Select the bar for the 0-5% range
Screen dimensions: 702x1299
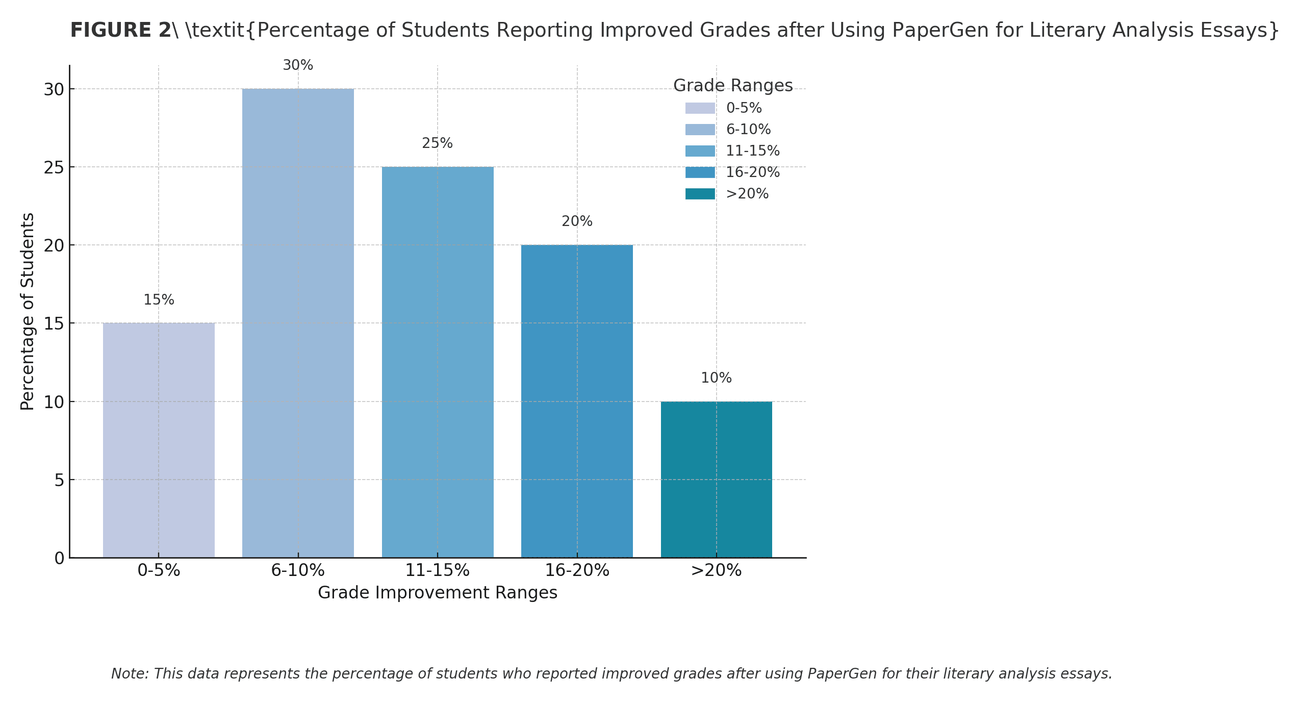pyautogui.click(x=159, y=440)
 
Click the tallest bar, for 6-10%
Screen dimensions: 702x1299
pyautogui.click(x=298, y=323)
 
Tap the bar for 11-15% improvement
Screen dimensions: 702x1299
pyautogui.click(x=438, y=362)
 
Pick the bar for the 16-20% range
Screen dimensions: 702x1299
pyautogui.click(x=577, y=401)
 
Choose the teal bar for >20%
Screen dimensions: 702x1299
pyautogui.click(x=716, y=479)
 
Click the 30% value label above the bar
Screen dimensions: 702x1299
pyautogui.click(x=298, y=65)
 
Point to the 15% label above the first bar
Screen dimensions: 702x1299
pyautogui.click(x=159, y=300)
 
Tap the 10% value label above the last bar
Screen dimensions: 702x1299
pyautogui.click(x=716, y=378)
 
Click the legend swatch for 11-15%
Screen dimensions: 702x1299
pyautogui.click(x=700, y=151)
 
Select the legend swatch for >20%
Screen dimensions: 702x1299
pyautogui.click(x=700, y=194)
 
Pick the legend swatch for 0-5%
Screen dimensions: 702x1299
pyautogui.click(x=700, y=108)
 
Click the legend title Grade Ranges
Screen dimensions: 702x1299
pyautogui.click(x=733, y=86)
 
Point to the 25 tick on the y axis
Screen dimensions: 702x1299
pyautogui.click(x=54, y=167)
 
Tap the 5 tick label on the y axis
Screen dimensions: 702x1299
pyautogui.click(x=60, y=480)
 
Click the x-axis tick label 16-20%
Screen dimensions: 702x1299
pyautogui.click(x=577, y=570)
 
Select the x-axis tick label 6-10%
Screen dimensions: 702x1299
pyautogui.click(x=298, y=570)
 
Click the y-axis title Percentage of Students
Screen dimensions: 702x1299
pyautogui.click(x=28, y=311)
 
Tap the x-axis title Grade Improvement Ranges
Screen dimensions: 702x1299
pyautogui.click(x=438, y=593)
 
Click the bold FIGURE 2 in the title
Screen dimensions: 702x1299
pyautogui.click(x=120, y=30)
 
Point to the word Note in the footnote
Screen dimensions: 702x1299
pyautogui.click(x=129, y=674)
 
